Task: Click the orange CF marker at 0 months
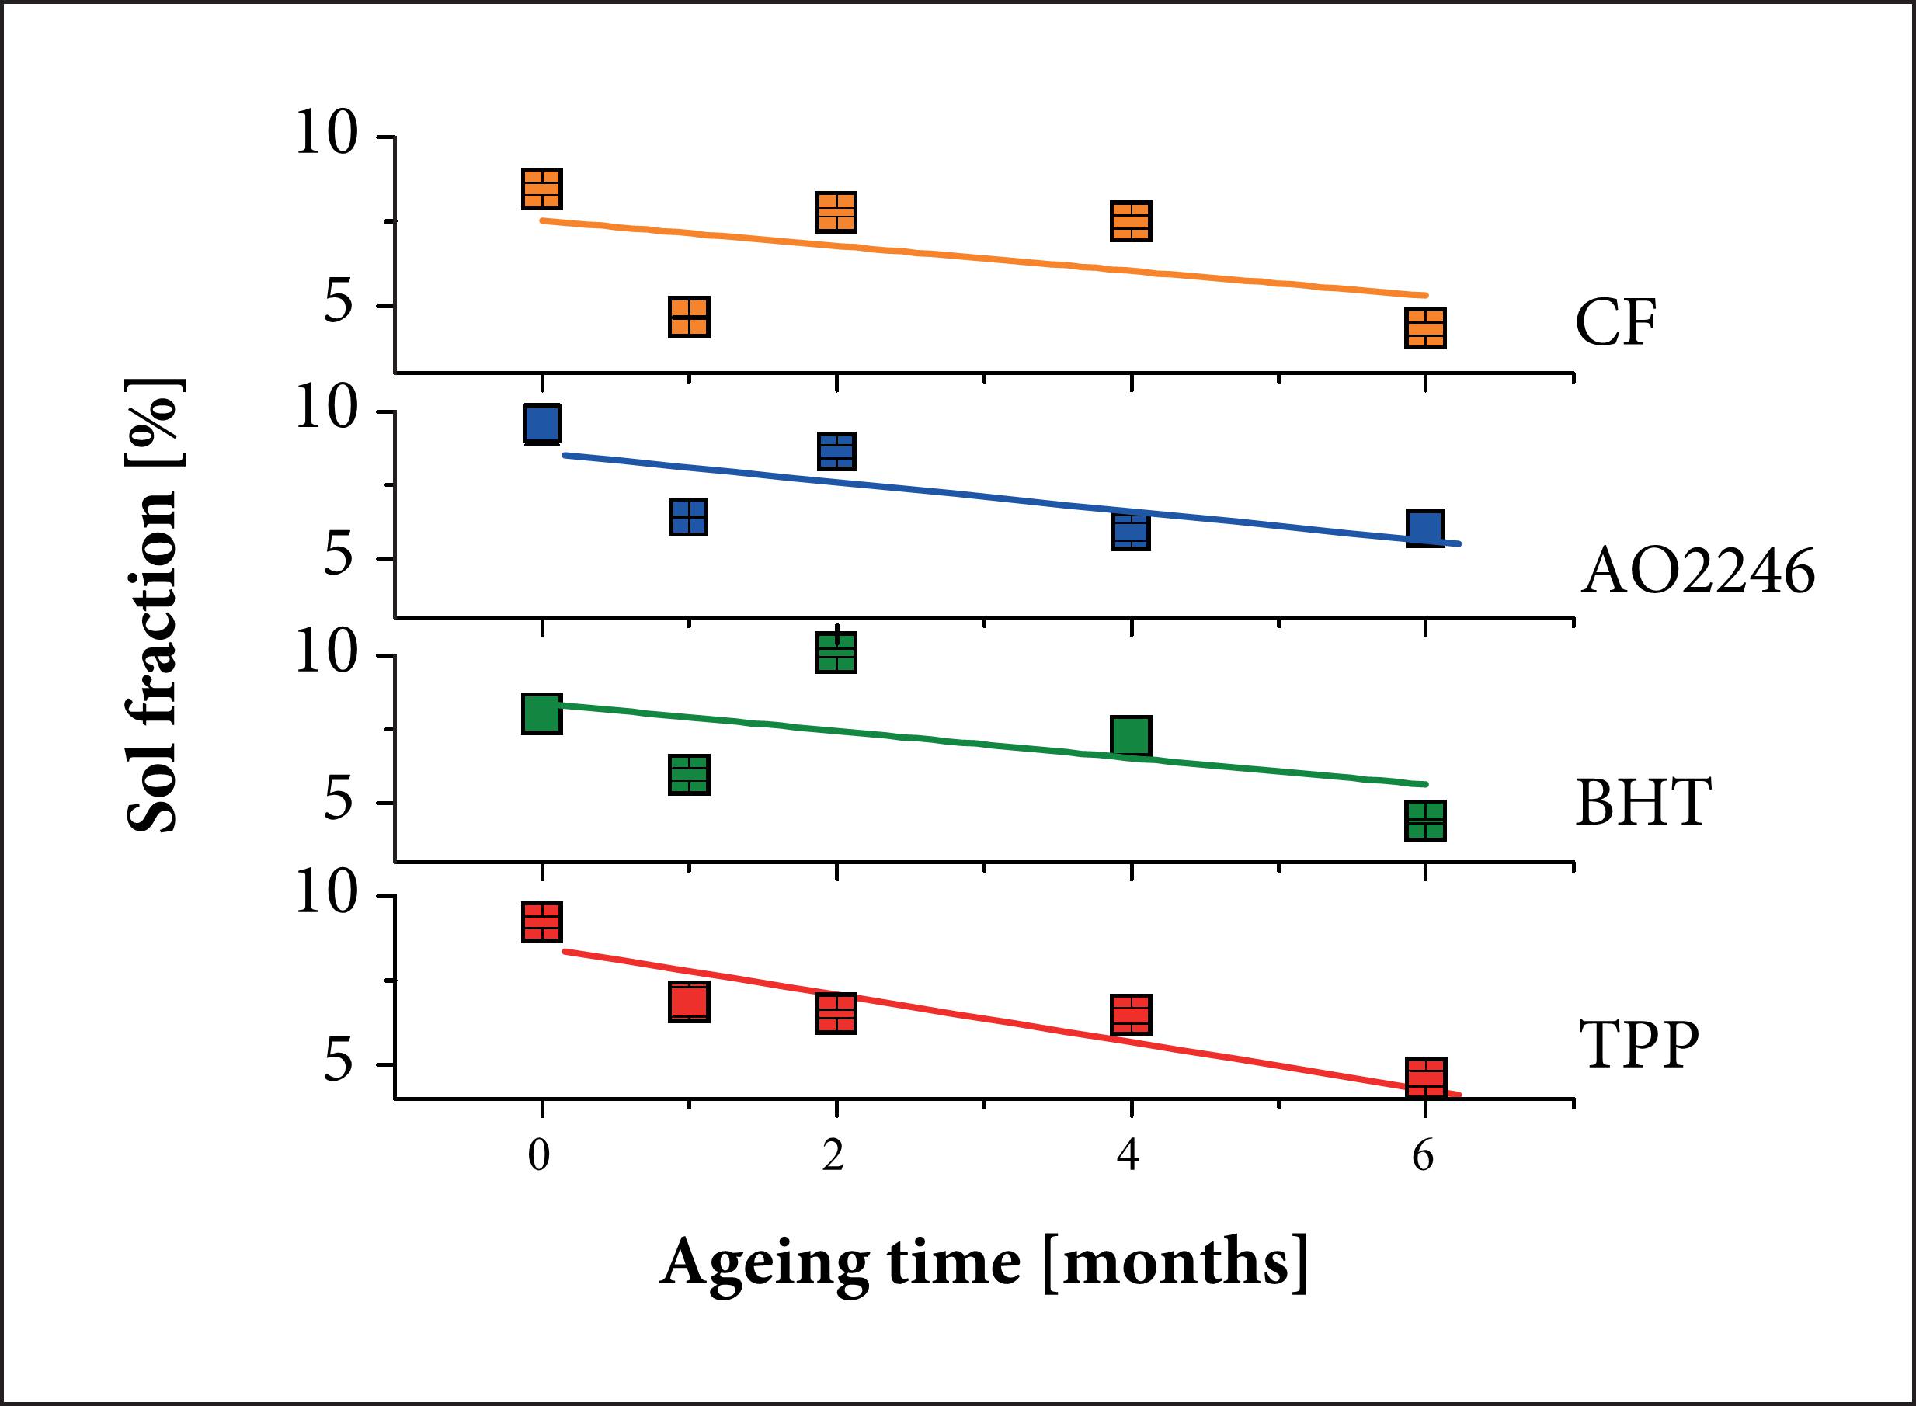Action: (541, 189)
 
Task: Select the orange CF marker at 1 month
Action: (689, 318)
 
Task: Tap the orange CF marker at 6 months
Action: (1425, 328)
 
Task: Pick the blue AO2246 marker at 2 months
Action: (836, 451)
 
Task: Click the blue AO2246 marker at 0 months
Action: (542, 423)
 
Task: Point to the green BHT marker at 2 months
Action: (836, 653)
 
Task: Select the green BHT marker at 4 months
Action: (1130, 736)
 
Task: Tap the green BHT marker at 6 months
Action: (1425, 821)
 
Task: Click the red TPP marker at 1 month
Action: (689, 1002)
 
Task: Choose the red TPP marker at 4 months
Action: (1130, 1015)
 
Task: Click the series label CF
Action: (1615, 324)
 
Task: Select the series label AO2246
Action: (1697, 571)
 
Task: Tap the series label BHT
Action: (1642, 802)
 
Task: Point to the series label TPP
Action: (1639, 1044)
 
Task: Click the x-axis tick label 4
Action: (1128, 1157)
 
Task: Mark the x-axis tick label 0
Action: (539, 1157)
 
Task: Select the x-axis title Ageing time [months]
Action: (983, 1264)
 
